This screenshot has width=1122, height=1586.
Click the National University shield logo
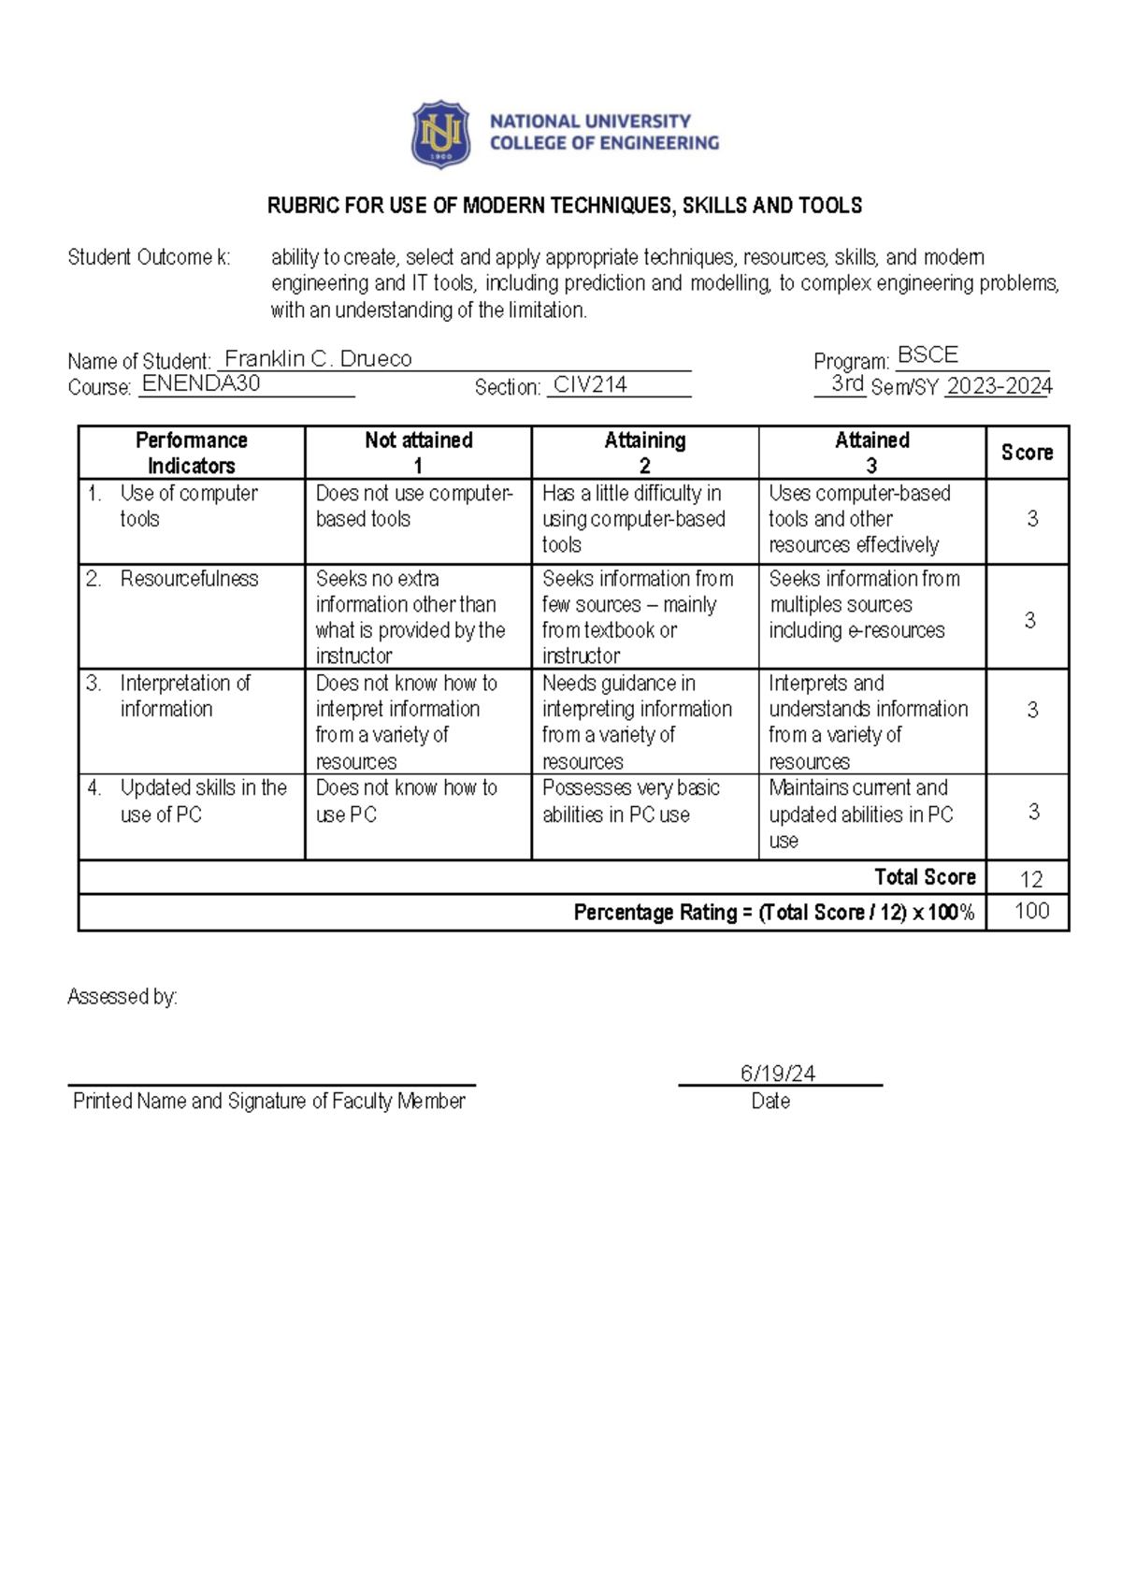(x=440, y=135)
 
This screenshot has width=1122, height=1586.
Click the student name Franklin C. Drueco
(x=318, y=359)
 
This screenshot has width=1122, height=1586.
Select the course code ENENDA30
(x=201, y=383)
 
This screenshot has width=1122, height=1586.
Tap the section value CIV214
(x=590, y=384)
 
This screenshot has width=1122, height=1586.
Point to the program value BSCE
(x=928, y=355)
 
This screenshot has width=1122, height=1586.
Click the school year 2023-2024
(x=999, y=386)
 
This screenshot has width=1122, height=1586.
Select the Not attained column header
(x=418, y=453)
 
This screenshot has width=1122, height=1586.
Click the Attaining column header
(x=645, y=453)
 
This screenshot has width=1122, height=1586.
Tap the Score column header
(x=1027, y=453)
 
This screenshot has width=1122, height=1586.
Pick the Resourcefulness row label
(x=189, y=579)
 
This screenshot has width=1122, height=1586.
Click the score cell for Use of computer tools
(x=1032, y=519)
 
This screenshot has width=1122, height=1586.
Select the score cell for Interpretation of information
(x=1032, y=710)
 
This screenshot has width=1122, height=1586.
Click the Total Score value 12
(x=1031, y=879)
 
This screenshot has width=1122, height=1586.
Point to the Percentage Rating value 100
(x=1031, y=911)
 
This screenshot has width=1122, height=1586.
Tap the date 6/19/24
(x=778, y=1074)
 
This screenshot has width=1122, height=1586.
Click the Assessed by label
(x=122, y=997)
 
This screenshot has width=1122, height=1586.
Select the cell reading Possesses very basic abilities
(x=631, y=801)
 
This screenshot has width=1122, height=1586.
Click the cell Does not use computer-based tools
(x=413, y=506)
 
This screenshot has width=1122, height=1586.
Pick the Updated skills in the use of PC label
(x=203, y=801)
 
